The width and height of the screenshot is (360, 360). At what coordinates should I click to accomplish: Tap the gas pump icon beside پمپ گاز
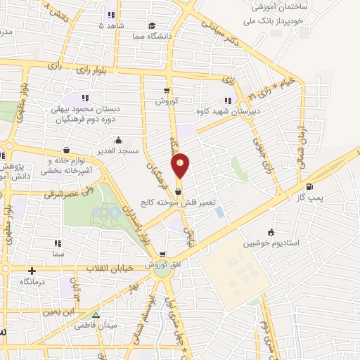click(x=310, y=186)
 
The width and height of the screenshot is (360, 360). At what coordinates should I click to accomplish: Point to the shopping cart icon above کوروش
click(x=167, y=90)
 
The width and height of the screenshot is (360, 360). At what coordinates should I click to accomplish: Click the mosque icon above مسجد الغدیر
click(x=119, y=139)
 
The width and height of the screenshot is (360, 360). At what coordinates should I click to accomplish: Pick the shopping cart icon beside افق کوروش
click(x=162, y=255)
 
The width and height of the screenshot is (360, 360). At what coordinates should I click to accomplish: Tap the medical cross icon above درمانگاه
click(x=32, y=270)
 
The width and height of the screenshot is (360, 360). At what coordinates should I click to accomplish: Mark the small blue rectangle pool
click(x=220, y=211)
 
